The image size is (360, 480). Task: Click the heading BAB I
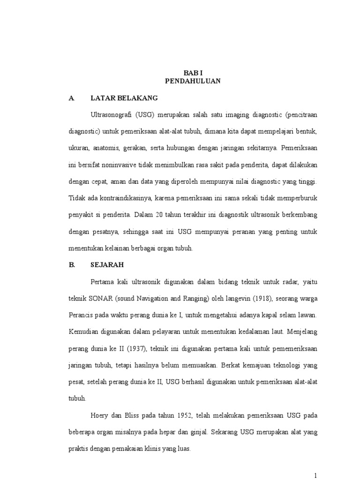193,73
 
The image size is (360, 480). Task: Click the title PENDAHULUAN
193,81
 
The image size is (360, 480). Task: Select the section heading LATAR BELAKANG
124,98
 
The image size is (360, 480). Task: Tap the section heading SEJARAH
107,264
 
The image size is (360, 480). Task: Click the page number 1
316,475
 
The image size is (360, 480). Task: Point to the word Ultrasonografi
111,115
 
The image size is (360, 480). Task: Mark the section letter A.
71,98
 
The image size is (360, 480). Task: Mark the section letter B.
71,264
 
